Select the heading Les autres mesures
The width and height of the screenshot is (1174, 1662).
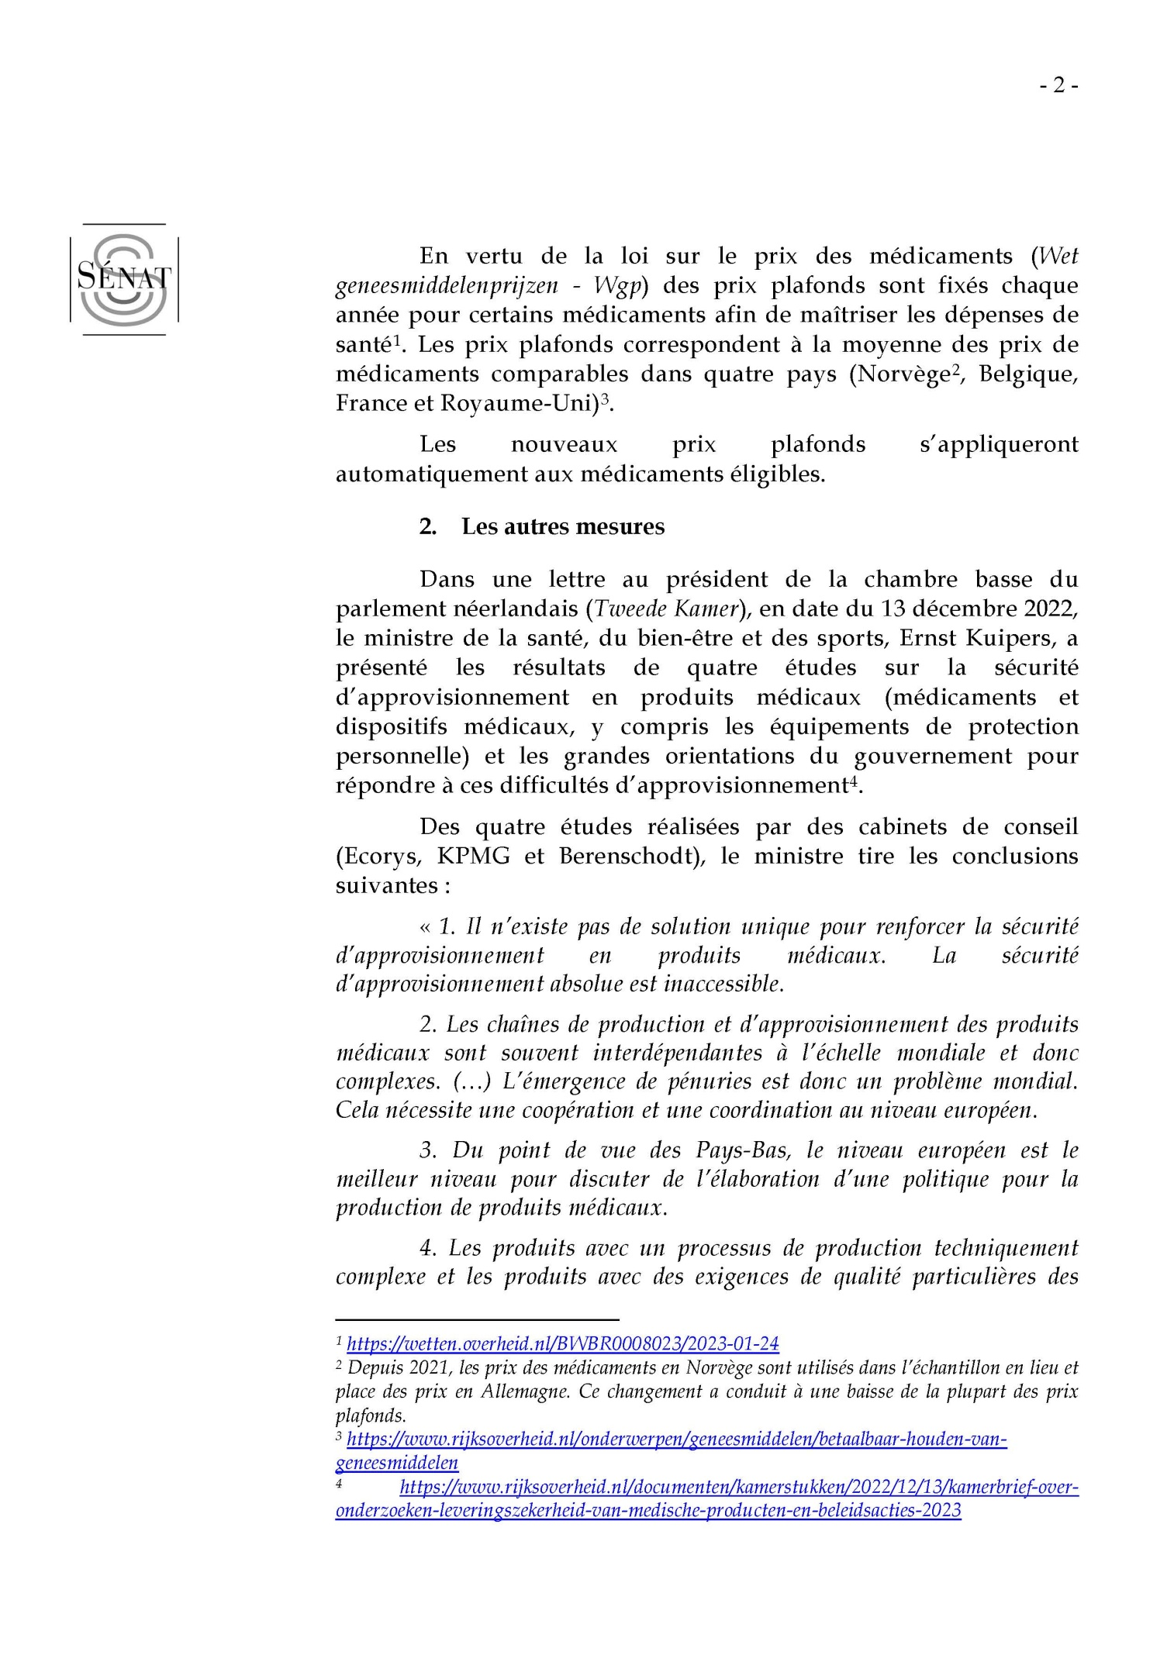563,526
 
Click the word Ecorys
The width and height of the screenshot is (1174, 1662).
378,856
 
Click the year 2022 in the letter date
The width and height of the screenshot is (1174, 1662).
1050,609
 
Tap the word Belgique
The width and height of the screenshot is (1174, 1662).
1028,374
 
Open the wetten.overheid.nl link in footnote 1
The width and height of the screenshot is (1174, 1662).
563,1343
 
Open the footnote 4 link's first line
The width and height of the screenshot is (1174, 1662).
738,1487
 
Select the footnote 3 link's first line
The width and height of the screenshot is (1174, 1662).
676,1439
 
